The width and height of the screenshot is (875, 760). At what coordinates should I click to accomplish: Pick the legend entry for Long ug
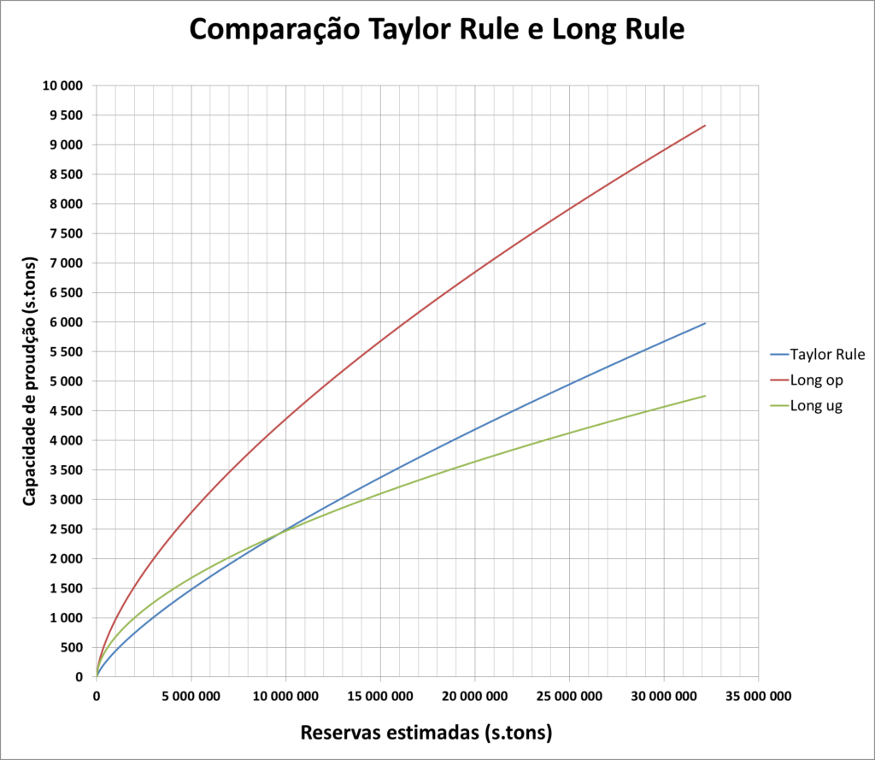coord(817,406)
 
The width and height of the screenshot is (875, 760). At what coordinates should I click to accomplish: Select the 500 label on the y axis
coord(73,648)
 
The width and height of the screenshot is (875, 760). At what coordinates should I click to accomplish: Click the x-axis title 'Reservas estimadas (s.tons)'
coord(426,733)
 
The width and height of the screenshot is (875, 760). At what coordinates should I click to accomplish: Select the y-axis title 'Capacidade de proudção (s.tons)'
coord(30,380)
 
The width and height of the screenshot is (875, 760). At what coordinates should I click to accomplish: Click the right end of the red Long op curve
coord(706,126)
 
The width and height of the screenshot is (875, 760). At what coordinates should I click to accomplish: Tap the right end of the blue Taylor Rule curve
coord(706,323)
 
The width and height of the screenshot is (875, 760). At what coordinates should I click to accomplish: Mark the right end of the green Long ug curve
coord(706,396)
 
